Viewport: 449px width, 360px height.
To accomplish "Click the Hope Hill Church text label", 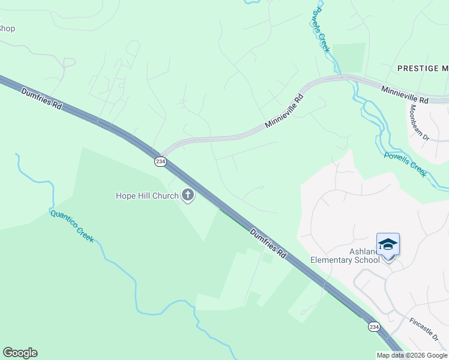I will [x=147, y=196].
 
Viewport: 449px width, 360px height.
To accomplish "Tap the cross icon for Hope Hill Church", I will [x=188, y=195].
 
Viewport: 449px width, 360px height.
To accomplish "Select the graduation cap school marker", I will [x=388, y=244].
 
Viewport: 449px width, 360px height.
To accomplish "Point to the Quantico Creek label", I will [x=72, y=226].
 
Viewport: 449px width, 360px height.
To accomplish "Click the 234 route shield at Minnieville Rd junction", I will [x=160, y=162].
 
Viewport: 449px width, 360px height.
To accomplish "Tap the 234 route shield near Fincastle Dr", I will [x=374, y=326].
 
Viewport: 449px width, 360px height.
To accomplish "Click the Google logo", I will [x=20, y=353].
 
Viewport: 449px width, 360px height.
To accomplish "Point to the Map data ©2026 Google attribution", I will [x=411, y=355].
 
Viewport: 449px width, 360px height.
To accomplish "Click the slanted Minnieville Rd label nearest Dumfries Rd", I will [x=283, y=111].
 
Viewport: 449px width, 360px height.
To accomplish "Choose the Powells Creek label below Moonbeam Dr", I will [x=406, y=164].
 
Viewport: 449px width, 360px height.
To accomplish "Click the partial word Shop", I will [x=7, y=28].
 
